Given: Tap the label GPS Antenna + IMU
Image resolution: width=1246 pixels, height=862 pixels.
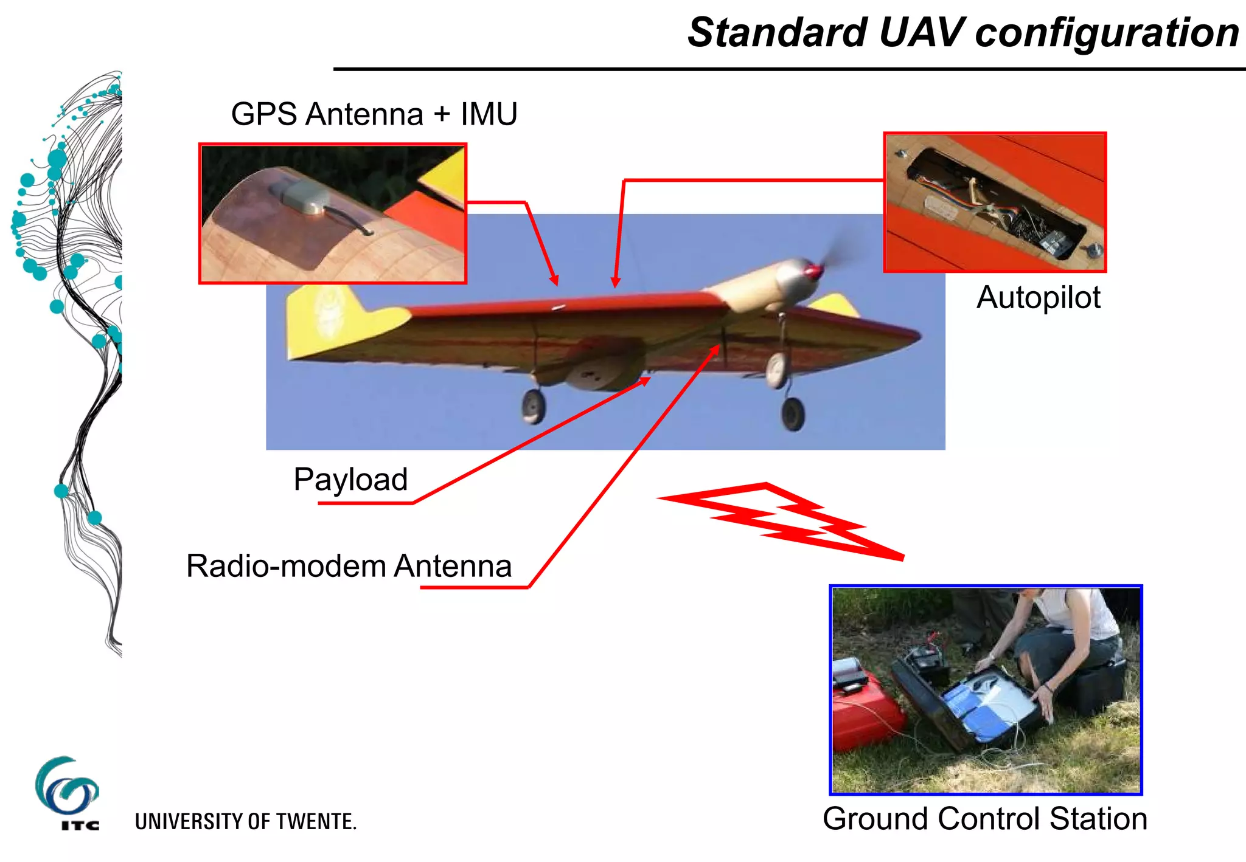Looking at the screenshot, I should pyautogui.click(x=374, y=114).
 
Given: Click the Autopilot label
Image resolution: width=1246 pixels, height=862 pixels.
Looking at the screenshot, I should pyautogui.click(x=1038, y=297).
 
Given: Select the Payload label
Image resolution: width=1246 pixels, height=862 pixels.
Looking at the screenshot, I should pyautogui.click(x=350, y=479).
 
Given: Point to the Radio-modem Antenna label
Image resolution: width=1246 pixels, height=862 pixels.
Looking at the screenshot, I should pyautogui.click(x=349, y=566).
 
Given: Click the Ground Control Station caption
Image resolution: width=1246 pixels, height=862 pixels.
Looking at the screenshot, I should pyautogui.click(x=984, y=818).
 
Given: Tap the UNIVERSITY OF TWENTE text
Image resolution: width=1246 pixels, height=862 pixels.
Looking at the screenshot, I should pyautogui.click(x=245, y=821).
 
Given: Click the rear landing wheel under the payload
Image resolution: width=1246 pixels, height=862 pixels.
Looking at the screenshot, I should pyautogui.click(x=533, y=406).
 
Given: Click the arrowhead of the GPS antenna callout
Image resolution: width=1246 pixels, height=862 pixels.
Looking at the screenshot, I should pyautogui.click(x=554, y=281).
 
